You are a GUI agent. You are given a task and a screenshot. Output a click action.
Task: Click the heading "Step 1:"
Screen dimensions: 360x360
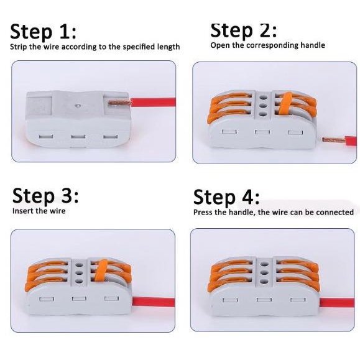[43, 32]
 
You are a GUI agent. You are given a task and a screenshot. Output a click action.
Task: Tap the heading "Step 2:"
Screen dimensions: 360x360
[244, 30]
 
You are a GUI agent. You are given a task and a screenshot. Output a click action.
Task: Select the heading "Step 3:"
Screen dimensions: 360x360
[45, 195]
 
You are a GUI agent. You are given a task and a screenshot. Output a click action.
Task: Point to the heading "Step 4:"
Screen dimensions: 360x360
[226, 196]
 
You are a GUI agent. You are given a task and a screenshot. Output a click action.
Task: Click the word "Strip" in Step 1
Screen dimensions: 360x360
[19, 47]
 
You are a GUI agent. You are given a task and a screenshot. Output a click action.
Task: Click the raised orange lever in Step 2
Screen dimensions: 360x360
[285, 103]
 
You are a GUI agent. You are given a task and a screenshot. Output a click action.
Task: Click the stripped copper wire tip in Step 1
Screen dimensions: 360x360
[119, 103]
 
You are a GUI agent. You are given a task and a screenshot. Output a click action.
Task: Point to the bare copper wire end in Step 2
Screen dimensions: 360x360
[333, 140]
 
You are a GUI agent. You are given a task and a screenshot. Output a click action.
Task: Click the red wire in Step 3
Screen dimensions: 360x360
[154, 302]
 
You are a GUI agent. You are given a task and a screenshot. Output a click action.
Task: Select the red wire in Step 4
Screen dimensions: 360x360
[337, 303]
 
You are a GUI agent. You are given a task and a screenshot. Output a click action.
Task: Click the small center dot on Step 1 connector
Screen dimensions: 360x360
[78, 106]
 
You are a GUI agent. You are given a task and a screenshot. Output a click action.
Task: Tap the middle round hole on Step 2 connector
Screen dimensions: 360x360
[263, 106]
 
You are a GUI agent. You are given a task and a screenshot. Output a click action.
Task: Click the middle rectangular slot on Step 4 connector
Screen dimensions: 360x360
[264, 300]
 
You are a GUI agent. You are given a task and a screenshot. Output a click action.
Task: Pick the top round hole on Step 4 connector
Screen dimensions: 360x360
[264, 265]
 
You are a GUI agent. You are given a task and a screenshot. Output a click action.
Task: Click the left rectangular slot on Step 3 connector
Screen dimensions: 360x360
[47, 300]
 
